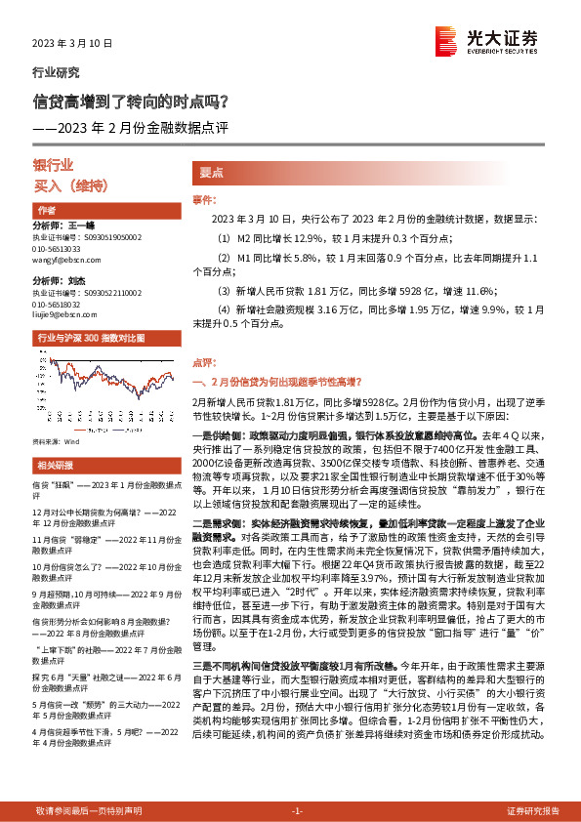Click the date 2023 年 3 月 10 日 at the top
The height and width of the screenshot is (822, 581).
click(73, 44)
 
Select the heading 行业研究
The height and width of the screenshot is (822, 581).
click(57, 72)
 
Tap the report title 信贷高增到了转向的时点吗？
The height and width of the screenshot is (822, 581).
click(132, 101)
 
